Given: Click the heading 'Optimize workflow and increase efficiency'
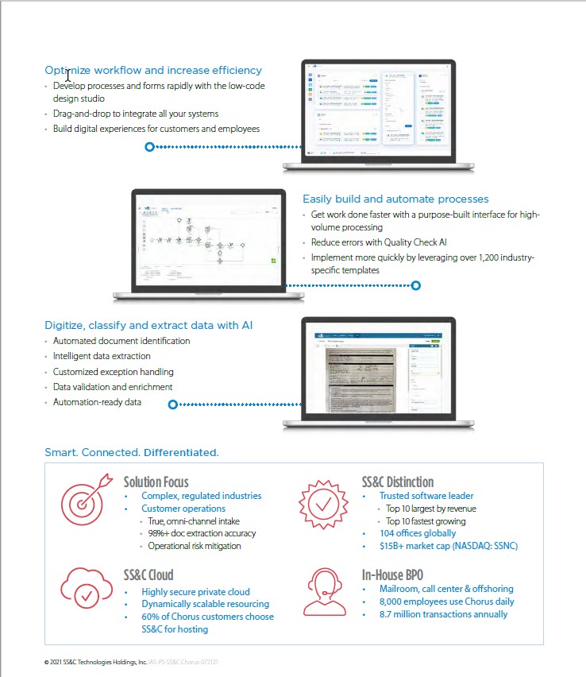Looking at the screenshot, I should click(153, 70).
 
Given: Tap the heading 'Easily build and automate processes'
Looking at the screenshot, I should click(395, 199).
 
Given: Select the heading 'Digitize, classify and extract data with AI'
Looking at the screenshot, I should click(149, 325).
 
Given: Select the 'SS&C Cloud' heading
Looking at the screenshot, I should click(148, 574).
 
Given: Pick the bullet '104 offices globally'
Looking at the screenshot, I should click(418, 533).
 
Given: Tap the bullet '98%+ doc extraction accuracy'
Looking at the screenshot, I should click(202, 533).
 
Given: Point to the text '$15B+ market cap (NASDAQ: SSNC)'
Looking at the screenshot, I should click(449, 546).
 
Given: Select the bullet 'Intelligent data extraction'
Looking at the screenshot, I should click(102, 356).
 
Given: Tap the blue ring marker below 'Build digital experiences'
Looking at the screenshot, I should click(149, 147).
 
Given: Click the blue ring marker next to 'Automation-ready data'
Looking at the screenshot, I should click(173, 404).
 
